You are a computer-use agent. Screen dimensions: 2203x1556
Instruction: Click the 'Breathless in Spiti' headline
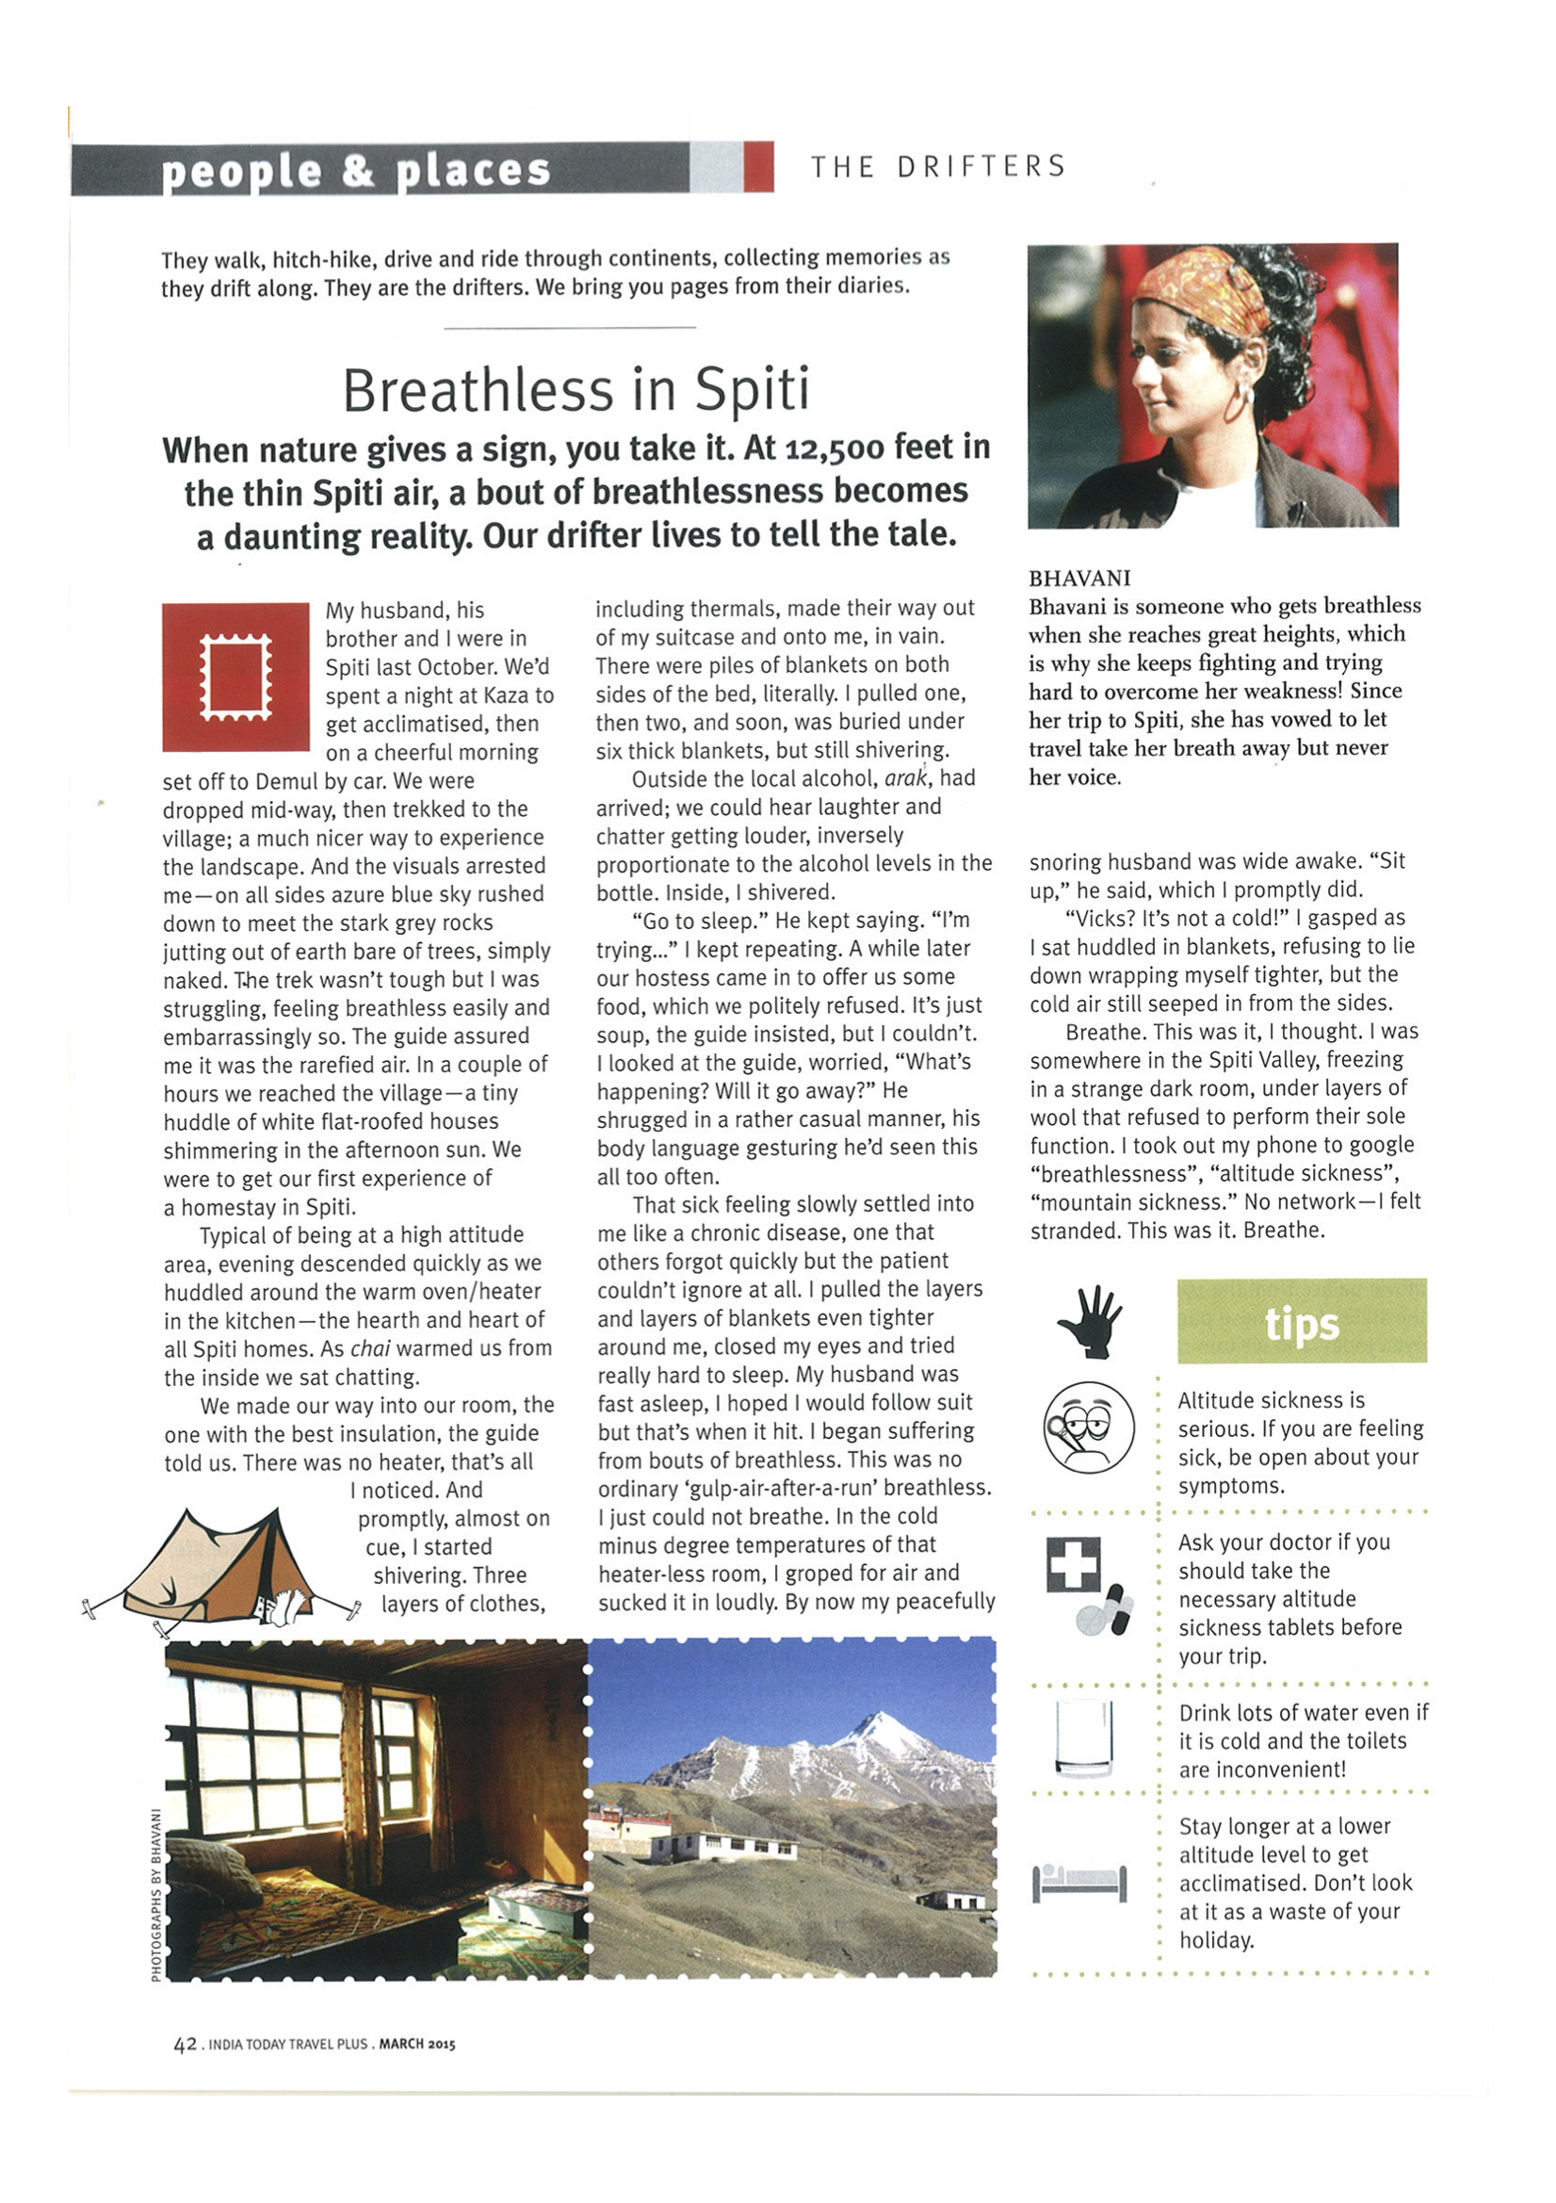pyautogui.click(x=575, y=390)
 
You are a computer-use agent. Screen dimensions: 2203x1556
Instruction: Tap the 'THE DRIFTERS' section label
pyautogui.click(x=937, y=167)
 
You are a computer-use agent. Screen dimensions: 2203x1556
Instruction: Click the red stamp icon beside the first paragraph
pyautogui.click(x=235, y=677)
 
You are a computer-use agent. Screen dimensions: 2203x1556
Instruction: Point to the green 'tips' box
pyautogui.click(x=1301, y=1320)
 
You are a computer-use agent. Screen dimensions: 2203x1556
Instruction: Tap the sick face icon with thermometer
pyautogui.click(x=1088, y=1427)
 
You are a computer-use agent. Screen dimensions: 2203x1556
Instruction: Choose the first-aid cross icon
pyautogui.click(x=1073, y=1565)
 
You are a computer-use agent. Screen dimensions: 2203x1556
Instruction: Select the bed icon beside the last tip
pyautogui.click(x=1079, y=1883)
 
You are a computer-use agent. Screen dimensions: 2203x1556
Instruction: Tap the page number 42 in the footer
pyautogui.click(x=186, y=2044)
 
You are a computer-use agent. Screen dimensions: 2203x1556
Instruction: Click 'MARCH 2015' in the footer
pyautogui.click(x=416, y=2045)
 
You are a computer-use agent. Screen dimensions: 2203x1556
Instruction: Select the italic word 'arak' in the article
pyautogui.click(x=904, y=778)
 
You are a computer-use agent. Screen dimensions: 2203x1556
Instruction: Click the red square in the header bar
pyautogui.click(x=759, y=167)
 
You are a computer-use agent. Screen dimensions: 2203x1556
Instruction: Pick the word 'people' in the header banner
pyautogui.click(x=240, y=171)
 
